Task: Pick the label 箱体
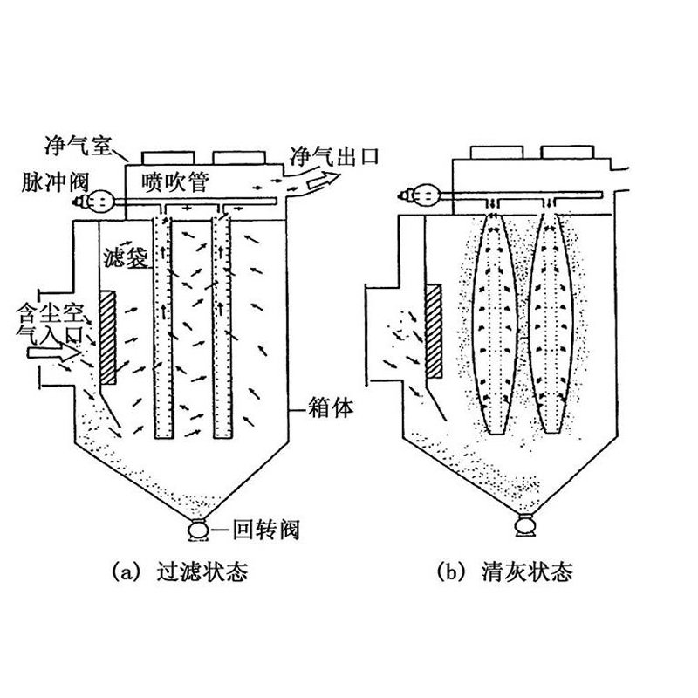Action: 332,407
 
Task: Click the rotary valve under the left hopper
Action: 198,529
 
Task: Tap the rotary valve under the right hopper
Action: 524,525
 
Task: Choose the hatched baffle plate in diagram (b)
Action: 433,329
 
